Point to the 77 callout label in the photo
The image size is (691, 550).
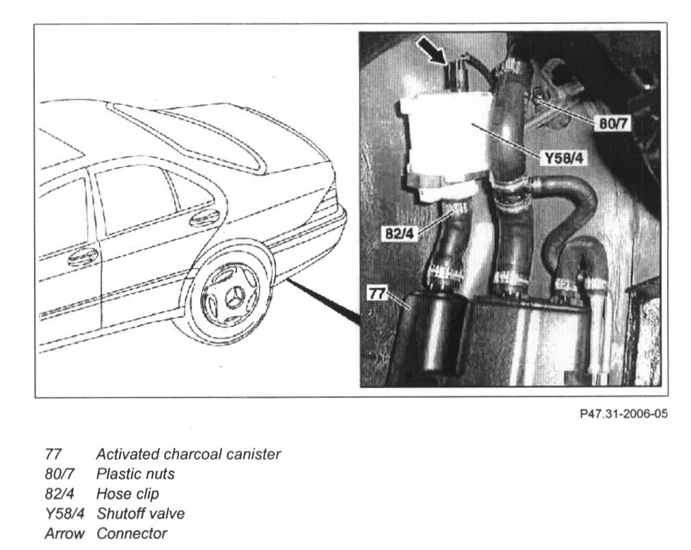377,294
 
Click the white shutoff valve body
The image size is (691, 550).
448,140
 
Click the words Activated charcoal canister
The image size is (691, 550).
188,454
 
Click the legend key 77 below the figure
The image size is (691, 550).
53,454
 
